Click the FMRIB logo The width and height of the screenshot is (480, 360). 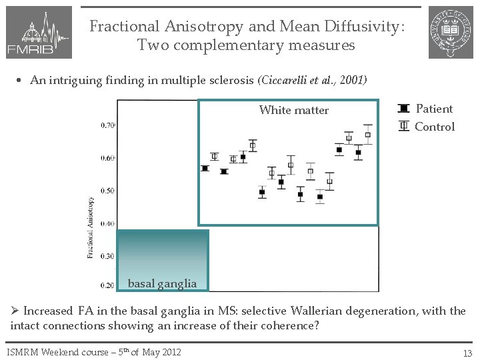38,33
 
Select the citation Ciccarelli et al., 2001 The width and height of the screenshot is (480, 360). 313,80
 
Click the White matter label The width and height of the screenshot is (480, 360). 293,110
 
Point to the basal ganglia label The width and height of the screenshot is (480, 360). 162,283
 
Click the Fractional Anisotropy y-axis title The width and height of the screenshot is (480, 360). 91,227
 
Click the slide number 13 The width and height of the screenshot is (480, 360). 467,352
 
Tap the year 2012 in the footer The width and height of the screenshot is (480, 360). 169,351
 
